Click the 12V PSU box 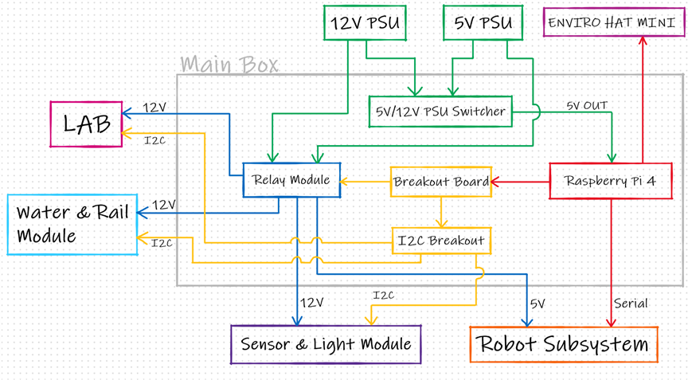[x=364, y=22]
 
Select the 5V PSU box [x=483, y=22]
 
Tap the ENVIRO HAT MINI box [x=614, y=22]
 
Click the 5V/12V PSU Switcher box [x=440, y=112]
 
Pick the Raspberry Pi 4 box [x=611, y=181]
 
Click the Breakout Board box [x=440, y=182]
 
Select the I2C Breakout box [x=440, y=241]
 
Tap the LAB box [x=86, y=124]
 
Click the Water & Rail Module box [x=72, y=225]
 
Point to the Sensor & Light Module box [x=326, y=344]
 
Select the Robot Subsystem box [x=563, y=344]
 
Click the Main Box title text [x=229, y=65]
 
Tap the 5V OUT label [x=587, y=105]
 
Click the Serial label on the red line [x=631, y=304]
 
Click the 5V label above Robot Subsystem [x=538, y=304]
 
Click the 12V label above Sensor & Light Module [x=311, y=303]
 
